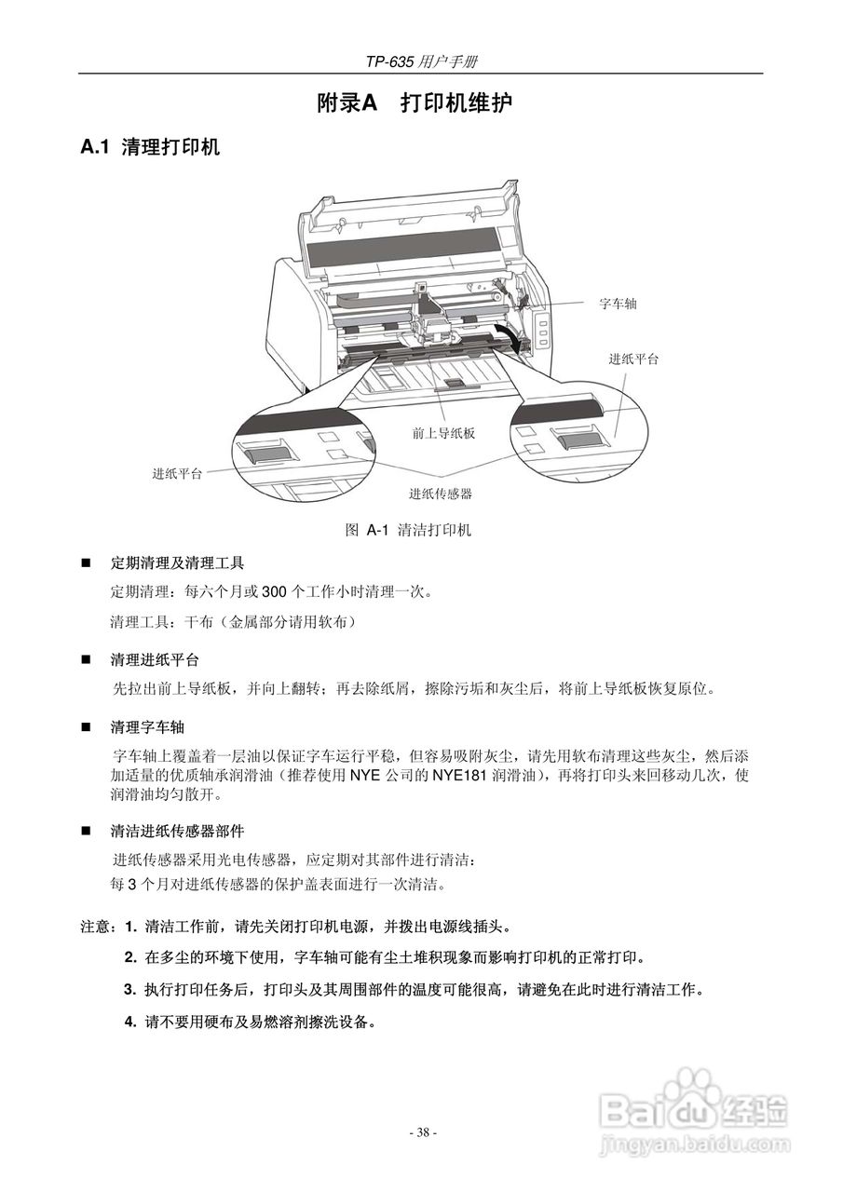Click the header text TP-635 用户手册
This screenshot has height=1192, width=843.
[422, 61]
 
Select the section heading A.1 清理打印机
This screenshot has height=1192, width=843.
[151, 147]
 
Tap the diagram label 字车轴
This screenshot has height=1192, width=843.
[618, 304]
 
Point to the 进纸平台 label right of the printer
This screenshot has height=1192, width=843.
[633, 359]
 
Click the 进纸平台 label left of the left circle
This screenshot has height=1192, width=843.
[177, 473]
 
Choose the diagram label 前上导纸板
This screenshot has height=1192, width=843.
[444, 433]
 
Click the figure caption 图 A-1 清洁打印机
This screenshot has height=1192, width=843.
[408, 531]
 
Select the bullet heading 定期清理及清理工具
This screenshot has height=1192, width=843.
[177, 563]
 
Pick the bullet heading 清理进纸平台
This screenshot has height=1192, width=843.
[155, 660]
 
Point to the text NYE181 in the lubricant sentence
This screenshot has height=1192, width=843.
[458, 775]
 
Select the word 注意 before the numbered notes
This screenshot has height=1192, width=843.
[98, 928]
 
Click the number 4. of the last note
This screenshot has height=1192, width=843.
[131, 1022]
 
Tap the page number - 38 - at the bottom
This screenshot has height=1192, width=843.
[423, 1132]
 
